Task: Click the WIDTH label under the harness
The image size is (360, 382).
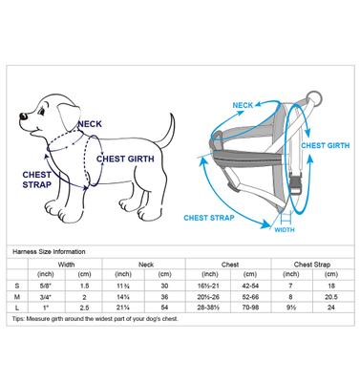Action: click(x=285, y=229)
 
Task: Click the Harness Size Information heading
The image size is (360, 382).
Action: click(x=51, y=251)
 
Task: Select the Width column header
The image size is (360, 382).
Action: click(x=67, y=265)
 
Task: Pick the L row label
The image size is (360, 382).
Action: click(x=17, y=308)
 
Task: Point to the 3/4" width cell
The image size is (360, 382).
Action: click(x=49, y=297)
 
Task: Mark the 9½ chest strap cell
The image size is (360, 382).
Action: click(x=289, y=308)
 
